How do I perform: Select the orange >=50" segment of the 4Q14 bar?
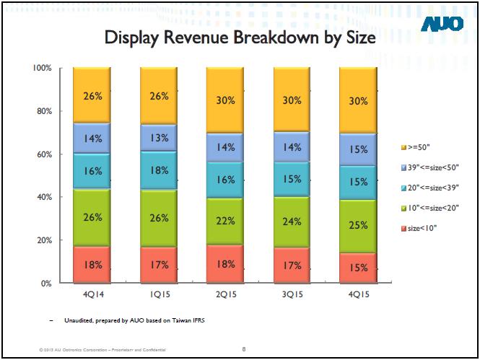point(92,95)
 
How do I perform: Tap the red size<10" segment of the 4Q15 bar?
point(358,268)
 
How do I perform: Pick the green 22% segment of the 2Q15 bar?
point(225,221)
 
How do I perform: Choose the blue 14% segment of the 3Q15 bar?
point(292,147)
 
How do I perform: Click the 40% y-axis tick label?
point(43,197)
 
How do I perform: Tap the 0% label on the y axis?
point(45,284)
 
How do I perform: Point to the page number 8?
point(244,349)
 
